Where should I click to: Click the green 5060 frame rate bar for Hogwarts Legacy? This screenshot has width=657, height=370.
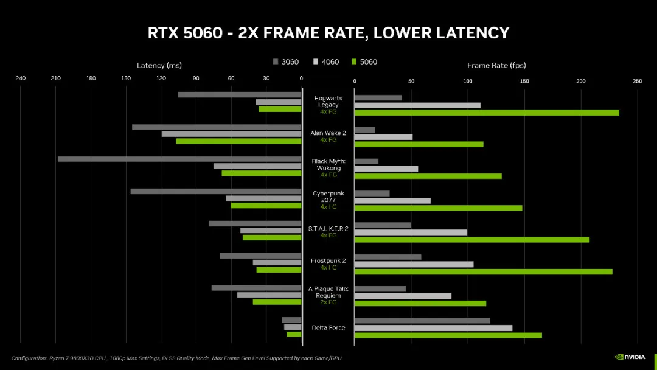487,113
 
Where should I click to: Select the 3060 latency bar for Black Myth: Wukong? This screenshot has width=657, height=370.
179,159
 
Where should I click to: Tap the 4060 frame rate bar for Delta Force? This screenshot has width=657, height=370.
433,328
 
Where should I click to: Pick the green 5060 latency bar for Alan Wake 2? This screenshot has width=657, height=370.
238,141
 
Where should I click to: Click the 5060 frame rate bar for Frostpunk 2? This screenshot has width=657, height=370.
483,271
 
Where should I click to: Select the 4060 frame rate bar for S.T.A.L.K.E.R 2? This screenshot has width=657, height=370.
411,232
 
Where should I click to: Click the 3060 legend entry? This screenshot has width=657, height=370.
286,62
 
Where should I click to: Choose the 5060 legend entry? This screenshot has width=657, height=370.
364,62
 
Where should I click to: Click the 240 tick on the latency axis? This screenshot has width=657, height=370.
21,78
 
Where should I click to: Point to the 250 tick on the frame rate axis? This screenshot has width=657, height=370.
637,81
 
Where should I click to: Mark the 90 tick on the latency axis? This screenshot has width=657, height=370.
196,78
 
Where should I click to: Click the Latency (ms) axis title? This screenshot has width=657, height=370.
159,66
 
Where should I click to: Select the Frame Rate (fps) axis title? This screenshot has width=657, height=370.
496,66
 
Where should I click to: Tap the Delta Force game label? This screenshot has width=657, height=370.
328,328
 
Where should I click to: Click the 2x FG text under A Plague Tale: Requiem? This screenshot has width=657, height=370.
328,302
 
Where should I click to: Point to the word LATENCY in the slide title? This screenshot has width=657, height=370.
468,33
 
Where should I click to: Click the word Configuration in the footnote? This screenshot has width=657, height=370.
29,358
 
